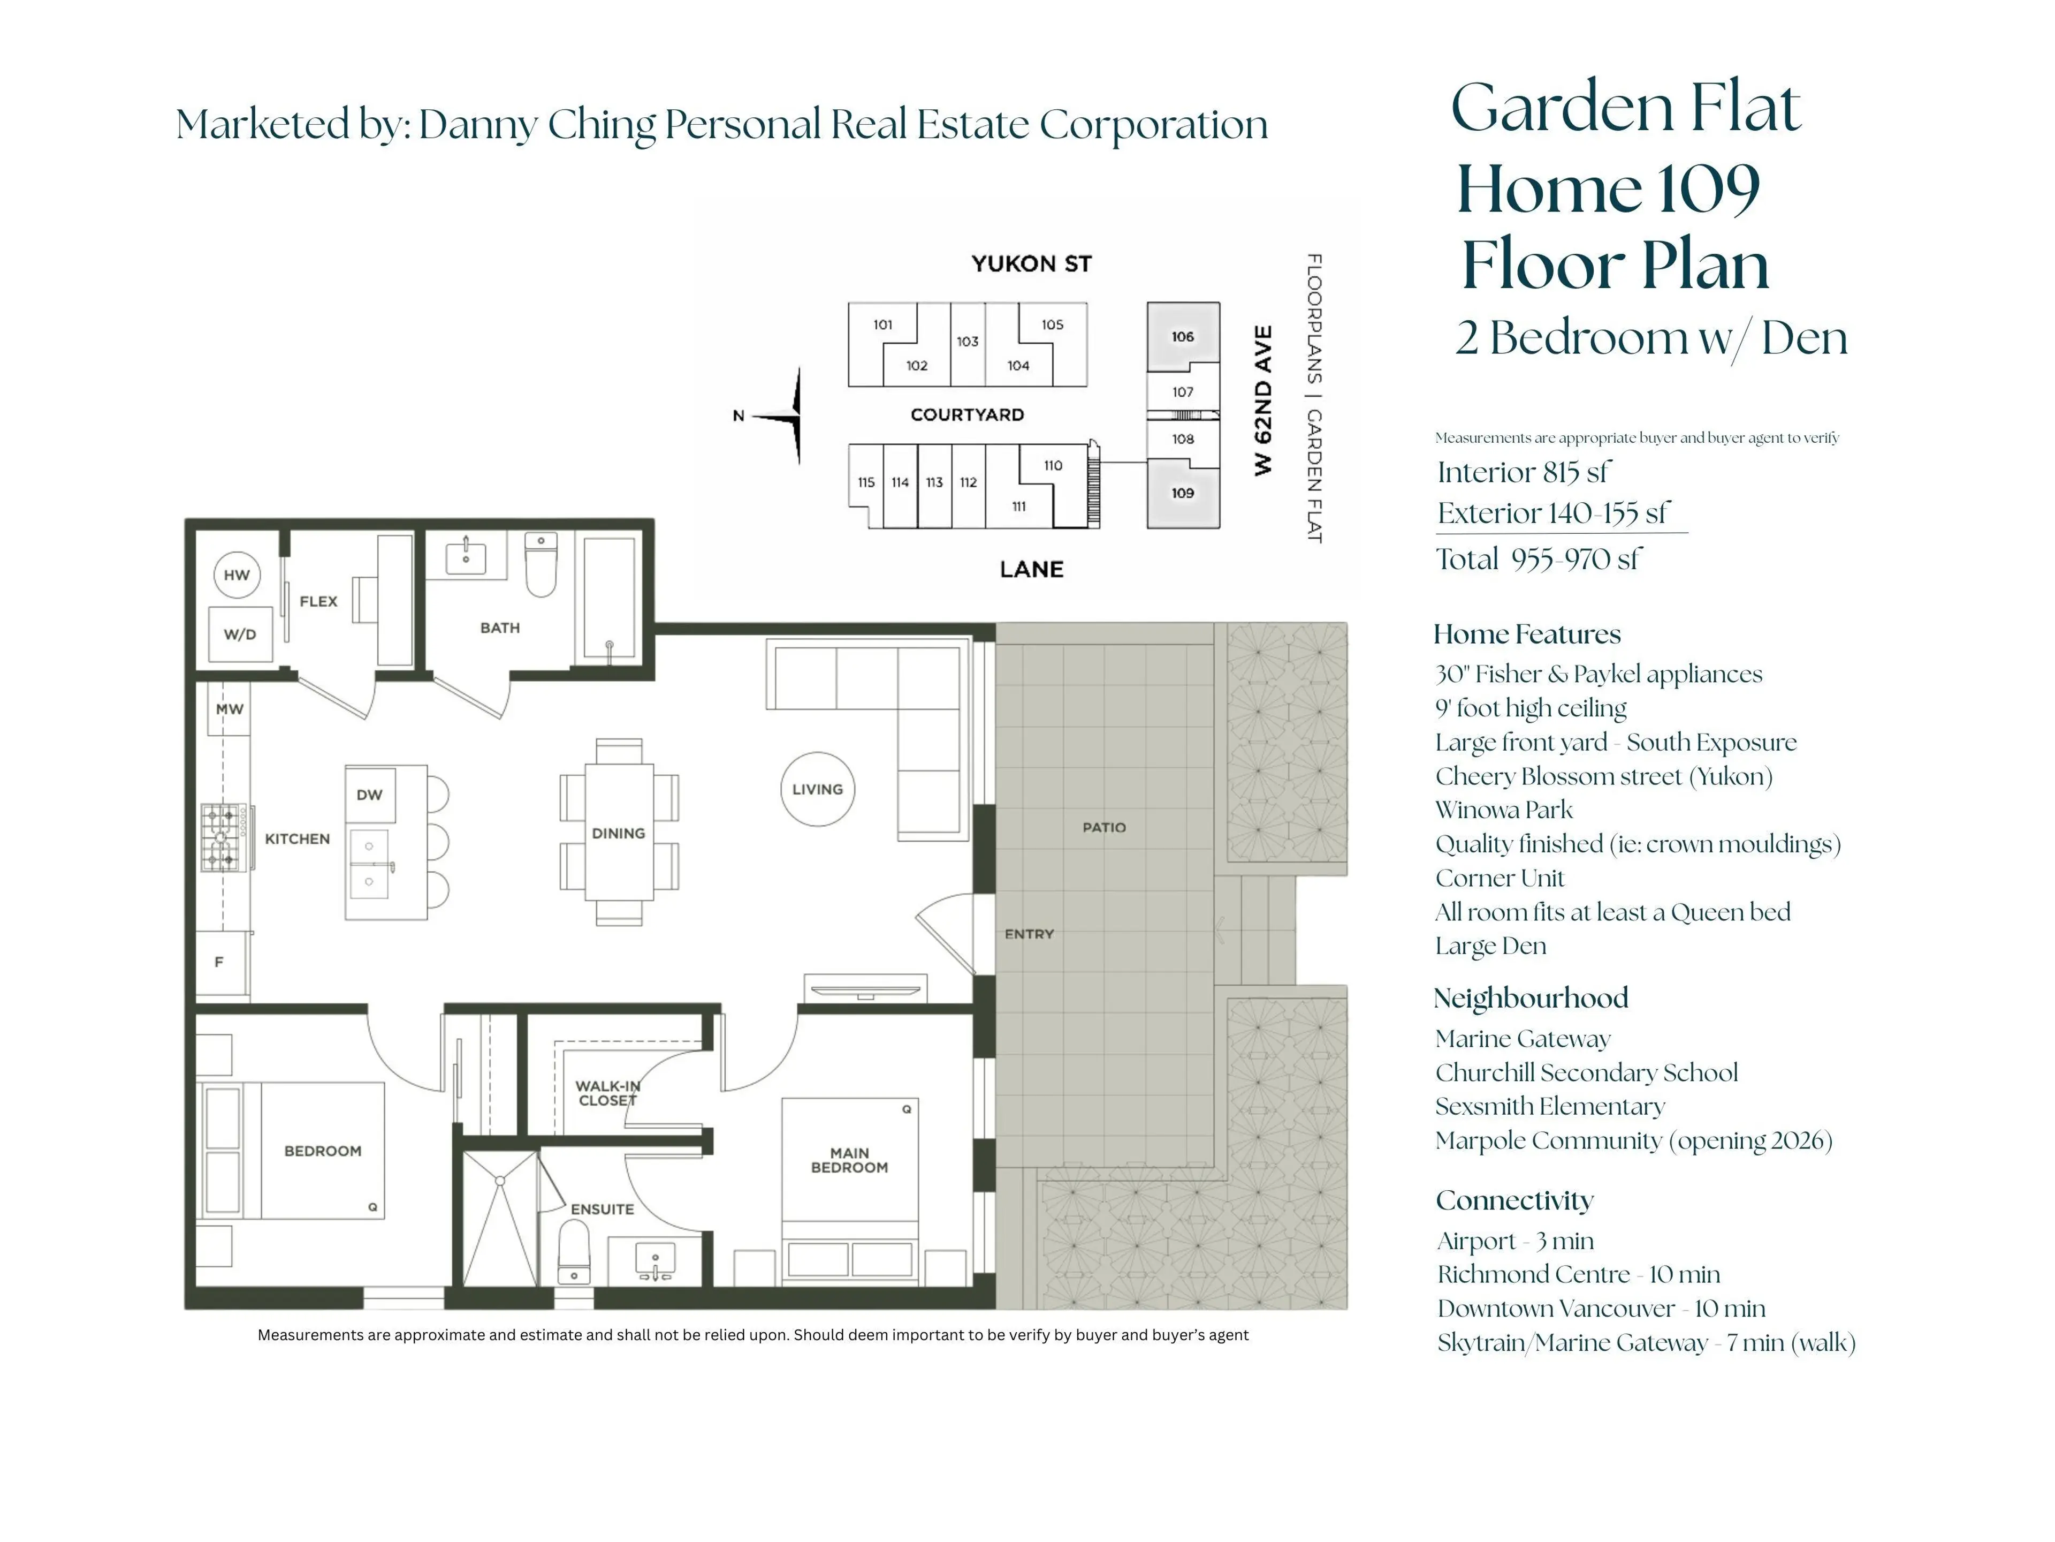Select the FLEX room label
click(318, 601)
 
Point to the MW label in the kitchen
click(230, 709)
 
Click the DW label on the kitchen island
click(369, 795)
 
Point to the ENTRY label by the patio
click(1029, 933)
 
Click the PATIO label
click(1103, 827)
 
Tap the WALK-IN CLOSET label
click(607, 1093)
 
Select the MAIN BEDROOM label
click(849, 1160)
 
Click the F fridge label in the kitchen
click(219, 962)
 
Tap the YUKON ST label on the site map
click(1031, 264)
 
